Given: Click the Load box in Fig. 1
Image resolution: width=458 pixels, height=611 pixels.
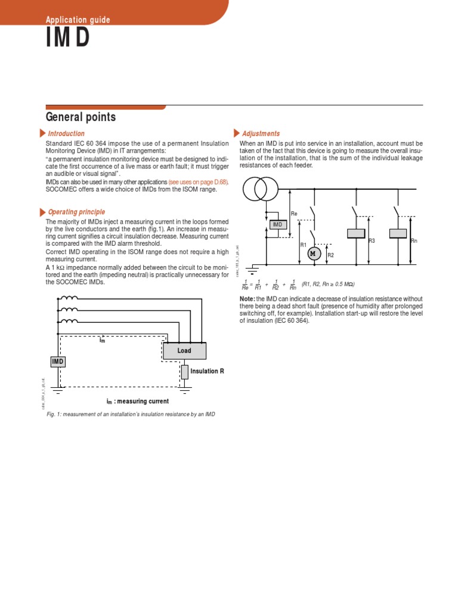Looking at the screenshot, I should pos(184,351).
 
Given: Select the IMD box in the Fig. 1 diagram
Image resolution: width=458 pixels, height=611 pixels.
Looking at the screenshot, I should pos(58,362).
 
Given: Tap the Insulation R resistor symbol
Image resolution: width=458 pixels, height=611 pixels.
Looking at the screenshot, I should pos(185,372).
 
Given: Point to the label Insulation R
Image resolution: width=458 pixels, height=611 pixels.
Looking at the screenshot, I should pos(207,371).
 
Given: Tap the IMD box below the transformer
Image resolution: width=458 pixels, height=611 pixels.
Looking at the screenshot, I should pos(277,224).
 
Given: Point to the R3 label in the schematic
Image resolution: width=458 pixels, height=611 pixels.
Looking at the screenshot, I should pos(372,240).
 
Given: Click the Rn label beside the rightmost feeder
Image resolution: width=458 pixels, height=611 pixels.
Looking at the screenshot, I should pos(414,240).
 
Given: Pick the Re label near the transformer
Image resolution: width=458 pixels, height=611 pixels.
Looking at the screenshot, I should pos(293,213).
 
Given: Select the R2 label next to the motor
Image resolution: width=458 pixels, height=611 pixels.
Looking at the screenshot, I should pos(330,255).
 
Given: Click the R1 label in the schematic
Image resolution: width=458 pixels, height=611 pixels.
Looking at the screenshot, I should pos(302,245).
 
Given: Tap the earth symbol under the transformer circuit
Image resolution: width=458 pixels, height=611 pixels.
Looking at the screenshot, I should pos(252,269).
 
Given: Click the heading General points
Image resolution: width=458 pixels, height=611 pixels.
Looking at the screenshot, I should pos(81,117).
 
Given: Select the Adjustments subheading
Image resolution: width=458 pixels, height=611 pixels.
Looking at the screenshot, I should pos(261,134).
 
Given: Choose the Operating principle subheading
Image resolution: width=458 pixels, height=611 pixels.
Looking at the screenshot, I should pos(76,212).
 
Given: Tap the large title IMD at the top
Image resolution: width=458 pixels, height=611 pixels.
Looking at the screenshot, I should pos(68,38).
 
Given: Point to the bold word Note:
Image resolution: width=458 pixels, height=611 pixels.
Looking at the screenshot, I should pos(247,298).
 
